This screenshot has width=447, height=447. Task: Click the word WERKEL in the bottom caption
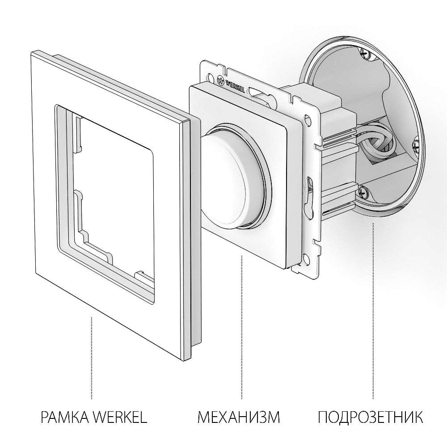[x=120, y=418]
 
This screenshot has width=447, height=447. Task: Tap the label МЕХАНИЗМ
[x=239, y=418]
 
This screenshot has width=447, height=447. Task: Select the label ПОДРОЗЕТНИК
[x=371, y=418]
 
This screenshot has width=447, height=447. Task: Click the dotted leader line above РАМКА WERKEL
[x=92, y=358]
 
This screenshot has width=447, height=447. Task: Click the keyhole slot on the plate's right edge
[x=309, y=192]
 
